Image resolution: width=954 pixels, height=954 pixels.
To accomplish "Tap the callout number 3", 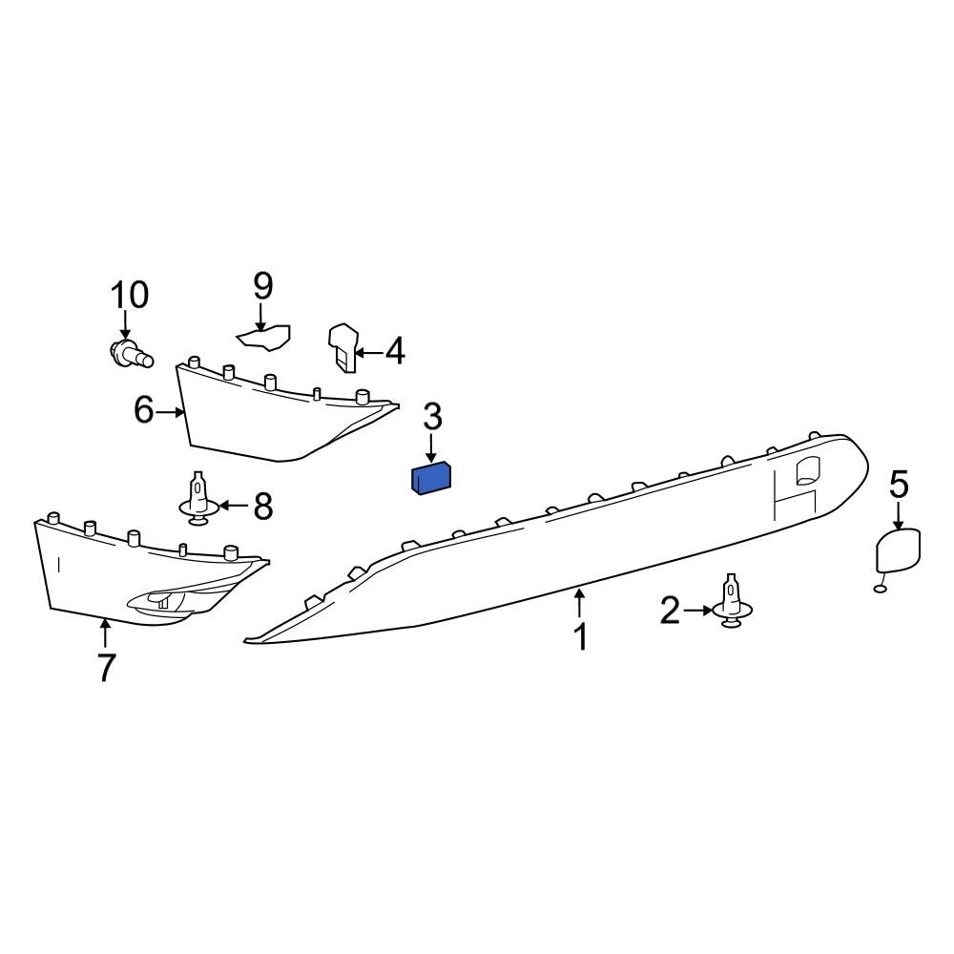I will [432, 417].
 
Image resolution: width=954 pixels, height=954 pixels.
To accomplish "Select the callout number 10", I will [130, 296].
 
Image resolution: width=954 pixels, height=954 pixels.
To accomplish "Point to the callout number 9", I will [262, 285].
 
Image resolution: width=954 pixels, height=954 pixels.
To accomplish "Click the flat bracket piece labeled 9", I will [264, 337].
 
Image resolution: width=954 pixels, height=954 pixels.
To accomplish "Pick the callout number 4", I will [394, 351].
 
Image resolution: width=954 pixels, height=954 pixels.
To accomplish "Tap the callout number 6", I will [144, 411].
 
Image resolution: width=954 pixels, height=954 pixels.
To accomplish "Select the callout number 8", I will [262, 506].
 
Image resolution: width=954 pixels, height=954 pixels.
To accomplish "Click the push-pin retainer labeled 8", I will [197, 499].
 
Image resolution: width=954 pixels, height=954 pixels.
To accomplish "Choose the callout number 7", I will [106, 668].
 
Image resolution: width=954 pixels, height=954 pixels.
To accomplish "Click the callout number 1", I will [580, 636].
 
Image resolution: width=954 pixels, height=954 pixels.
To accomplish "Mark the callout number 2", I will [671, 611].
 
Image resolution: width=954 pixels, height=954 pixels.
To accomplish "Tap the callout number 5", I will [899, 485].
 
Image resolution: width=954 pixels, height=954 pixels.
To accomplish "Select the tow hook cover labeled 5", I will [898, 552].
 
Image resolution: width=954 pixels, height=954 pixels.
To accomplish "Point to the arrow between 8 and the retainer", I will [233, 505].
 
